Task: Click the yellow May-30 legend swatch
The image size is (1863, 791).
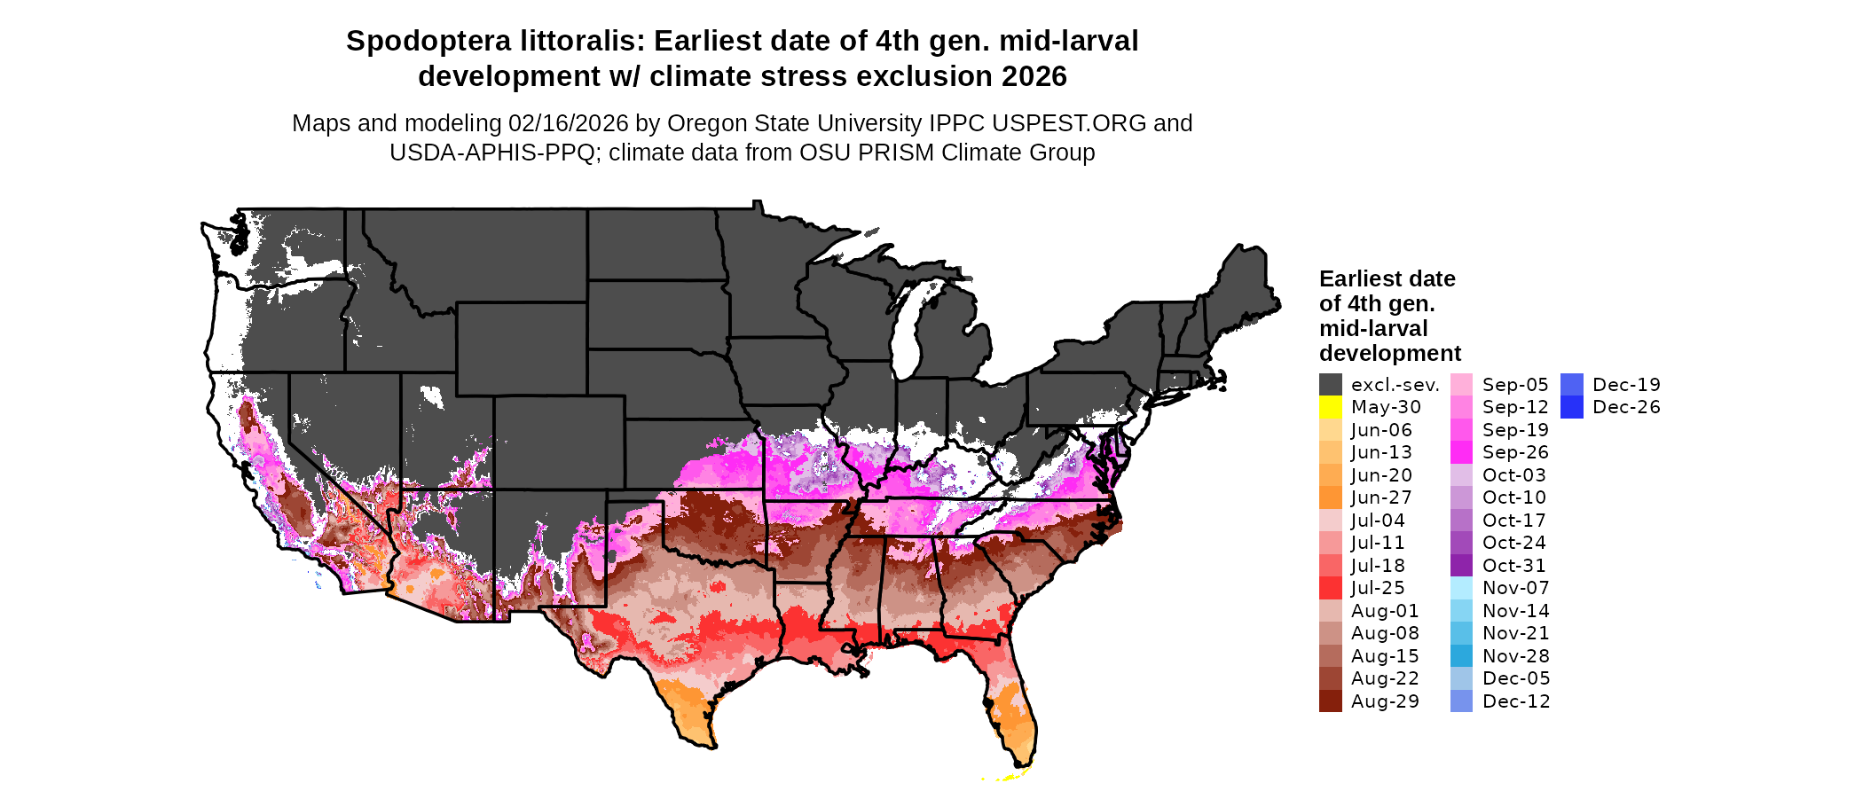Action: [x=1330, y=407]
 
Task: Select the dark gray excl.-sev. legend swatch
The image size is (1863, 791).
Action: [x=1330, y=385]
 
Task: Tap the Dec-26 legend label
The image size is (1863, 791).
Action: [x=1625, y=407]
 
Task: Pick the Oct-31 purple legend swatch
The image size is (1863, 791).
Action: [x=1461, y=565]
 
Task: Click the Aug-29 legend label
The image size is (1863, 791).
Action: [x=1384, y=701]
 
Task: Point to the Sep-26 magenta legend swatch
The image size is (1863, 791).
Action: [x=1461, y=452]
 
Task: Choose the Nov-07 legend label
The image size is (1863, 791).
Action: [x=1515, y=588]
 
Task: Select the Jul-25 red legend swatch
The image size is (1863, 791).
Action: [x=1330, y=588]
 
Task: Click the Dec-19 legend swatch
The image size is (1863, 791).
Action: [x=1571, y=385]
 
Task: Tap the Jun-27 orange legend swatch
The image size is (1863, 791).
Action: [x=1330, y=497]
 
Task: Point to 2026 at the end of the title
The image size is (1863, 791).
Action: [x=1034, y=76]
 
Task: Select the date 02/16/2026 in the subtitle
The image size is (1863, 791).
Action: [x=568, y=123]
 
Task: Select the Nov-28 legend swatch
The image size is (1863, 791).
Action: [x=1461, y=655]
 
